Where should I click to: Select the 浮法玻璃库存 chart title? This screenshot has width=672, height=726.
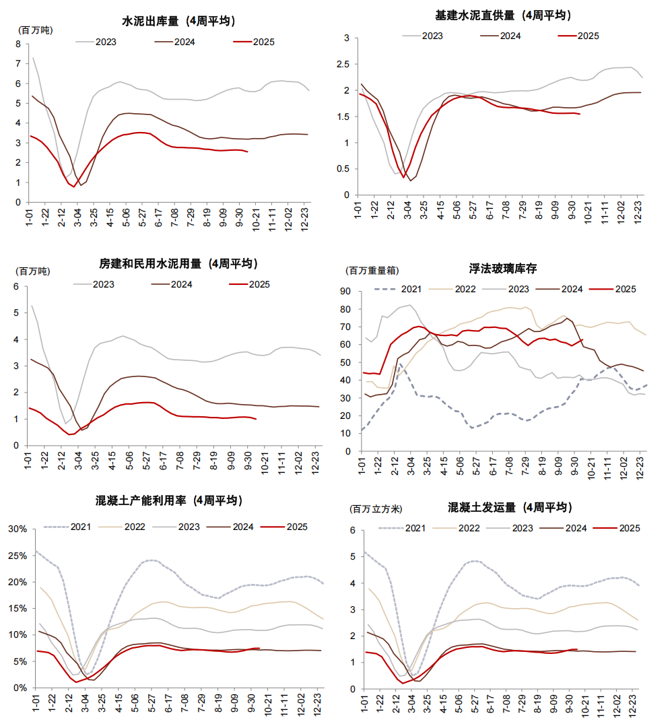tap(503, 269)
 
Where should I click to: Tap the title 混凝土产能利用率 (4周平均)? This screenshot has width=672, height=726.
tap(169, 501)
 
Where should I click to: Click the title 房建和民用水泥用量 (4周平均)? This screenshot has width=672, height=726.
tap(178, 263)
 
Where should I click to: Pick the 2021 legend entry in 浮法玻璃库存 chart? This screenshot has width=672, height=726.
tap(412, 289)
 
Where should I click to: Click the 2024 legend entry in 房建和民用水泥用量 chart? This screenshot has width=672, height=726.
tap(181, 284)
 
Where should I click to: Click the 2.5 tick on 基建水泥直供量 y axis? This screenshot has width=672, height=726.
tap(343, 65)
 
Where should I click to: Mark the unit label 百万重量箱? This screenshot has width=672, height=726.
tap(372, 270)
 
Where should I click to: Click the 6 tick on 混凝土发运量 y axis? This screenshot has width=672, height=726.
tap(351, 530)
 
